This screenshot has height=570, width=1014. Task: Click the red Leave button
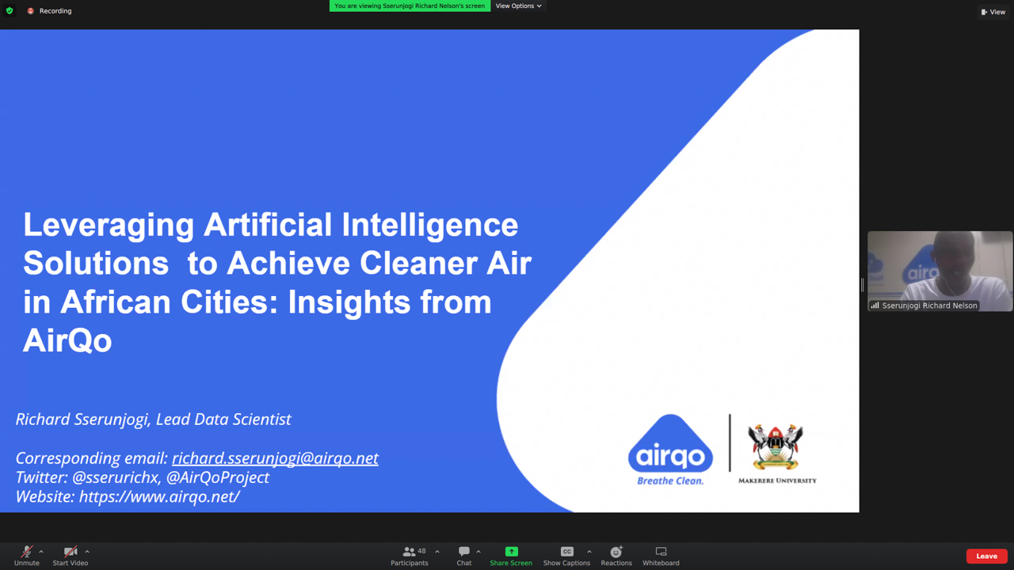pos(986,556)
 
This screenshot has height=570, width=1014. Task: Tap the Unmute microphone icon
pos(27,552)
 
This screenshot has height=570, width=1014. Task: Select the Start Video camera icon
pos(71,552)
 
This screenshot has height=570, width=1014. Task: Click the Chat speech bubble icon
pos(464,552)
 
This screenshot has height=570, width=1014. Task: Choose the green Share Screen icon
pos(511,552)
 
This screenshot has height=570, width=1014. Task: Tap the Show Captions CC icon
pos(566,552)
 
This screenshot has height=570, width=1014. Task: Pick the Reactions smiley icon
pos(616,552)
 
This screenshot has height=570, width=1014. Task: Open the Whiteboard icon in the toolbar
pos(661,552)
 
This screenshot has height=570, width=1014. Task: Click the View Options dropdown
pos(518,6)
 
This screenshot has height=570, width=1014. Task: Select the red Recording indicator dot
pos(30,11)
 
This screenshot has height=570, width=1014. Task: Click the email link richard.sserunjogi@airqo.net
pos(275,458)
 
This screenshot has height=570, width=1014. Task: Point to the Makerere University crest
pos(775,447)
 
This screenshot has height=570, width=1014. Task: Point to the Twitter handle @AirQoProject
pos(218,477)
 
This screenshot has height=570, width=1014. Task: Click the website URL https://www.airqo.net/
pos(159,496)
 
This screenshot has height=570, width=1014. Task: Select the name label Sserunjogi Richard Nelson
pos(929,306)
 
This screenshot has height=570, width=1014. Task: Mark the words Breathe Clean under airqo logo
pos(670,481)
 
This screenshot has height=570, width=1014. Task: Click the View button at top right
pos(993,12)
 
